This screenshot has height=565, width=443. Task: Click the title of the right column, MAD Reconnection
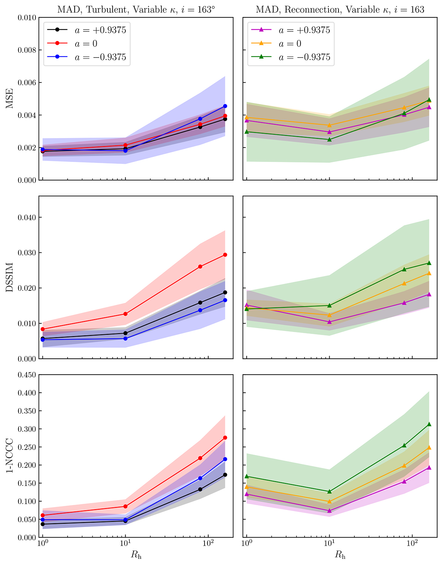(340, 10)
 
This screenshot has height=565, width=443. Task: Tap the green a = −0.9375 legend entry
(290, 58)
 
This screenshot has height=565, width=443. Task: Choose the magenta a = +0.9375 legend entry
(290, 30)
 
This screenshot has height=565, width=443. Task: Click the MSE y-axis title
(10, 99)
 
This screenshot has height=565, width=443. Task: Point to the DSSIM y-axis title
(10, 277)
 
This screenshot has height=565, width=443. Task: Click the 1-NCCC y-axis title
(10, 456)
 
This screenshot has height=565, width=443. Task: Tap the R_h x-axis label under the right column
(340, 555)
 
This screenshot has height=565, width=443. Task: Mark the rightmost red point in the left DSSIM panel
(225, 255)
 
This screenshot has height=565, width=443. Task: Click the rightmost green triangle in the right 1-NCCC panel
(429, 424)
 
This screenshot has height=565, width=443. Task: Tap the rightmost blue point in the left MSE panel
(225, 106)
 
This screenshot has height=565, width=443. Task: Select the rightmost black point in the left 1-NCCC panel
(225, 475)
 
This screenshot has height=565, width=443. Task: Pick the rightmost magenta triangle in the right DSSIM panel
(429, 294)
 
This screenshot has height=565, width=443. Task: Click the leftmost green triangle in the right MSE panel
(247, 132)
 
